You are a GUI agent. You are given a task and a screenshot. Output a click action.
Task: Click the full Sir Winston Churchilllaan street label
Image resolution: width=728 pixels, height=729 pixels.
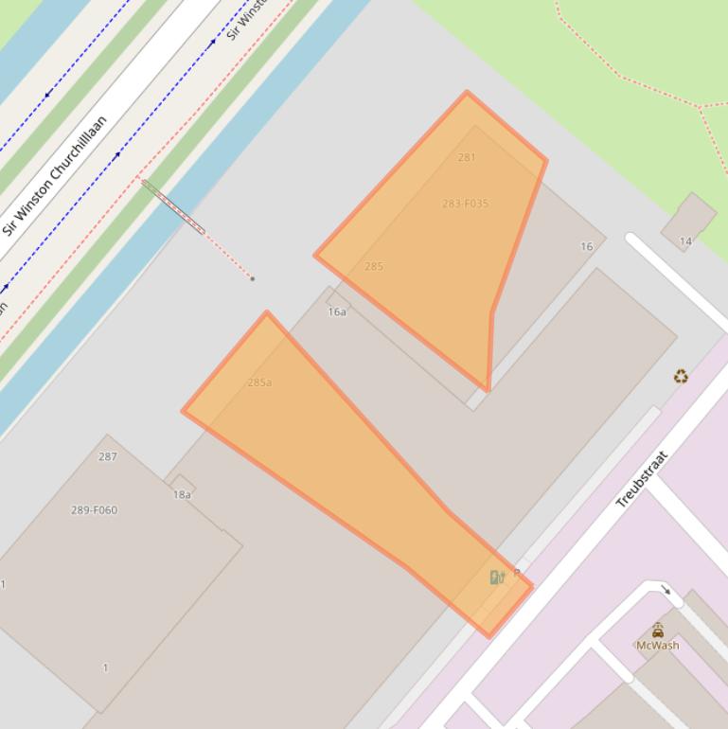pyautogui.click(x=54, y=176)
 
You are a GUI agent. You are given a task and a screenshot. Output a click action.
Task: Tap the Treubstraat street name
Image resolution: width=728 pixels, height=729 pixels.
pyautogui.click(x=642, y=480)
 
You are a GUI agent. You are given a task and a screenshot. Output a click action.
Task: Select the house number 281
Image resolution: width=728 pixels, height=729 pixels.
pyautogui.click(x=467, y=157)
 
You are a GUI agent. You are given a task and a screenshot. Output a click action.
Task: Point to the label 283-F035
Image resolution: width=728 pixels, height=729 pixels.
pyautogui.click(x=465, y=204)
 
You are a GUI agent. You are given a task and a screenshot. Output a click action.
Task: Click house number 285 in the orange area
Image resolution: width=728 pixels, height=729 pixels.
pyautogui.click(x=374, y=266)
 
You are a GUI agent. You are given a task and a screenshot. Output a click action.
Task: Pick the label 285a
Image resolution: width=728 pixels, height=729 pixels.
pyautogui.click(x=259, y=382)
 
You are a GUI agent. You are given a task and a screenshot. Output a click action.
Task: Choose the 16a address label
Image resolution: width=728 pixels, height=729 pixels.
pyautogui.click(x=337, y=311)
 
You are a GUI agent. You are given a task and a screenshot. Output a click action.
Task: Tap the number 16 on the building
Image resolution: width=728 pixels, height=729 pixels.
pyautogui.click(x=587, y=246)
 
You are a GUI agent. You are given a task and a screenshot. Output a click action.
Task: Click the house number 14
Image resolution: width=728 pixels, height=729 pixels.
pyautogui.click(x=685, y=241)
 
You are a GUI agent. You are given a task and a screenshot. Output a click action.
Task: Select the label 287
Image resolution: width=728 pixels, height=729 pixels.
pyautogui.click(x=108, y=456)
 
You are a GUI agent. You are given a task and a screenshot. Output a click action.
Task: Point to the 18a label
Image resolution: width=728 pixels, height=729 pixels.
pyautogui.click(x=182, y=494)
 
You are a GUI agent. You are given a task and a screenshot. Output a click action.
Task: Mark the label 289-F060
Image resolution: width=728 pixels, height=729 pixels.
pyautogui.click(x=95, y=510)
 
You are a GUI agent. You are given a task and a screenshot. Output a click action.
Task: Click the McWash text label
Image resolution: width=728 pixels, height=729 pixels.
pyautogui.click(x=657, y=646)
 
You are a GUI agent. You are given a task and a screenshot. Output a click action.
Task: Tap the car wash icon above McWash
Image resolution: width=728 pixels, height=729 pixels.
pyautogui.click(x=657, y=630)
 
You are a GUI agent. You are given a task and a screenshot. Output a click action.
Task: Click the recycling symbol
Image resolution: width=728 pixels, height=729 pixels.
pyautogui.click(x=681, y=376)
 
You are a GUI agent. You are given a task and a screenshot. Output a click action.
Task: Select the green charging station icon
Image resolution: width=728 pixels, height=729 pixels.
pyautogui.click(x=496, y=578)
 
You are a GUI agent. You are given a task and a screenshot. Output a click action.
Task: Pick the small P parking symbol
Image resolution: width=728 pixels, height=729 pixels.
pyautogui.click(x=517, y=574)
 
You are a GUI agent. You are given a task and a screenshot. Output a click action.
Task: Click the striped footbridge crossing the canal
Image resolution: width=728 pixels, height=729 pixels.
pyautogui.click(x=173, y=207)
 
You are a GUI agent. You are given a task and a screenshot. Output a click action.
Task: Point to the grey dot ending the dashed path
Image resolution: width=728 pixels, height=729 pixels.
pyautogui.click(x=252, y=278)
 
